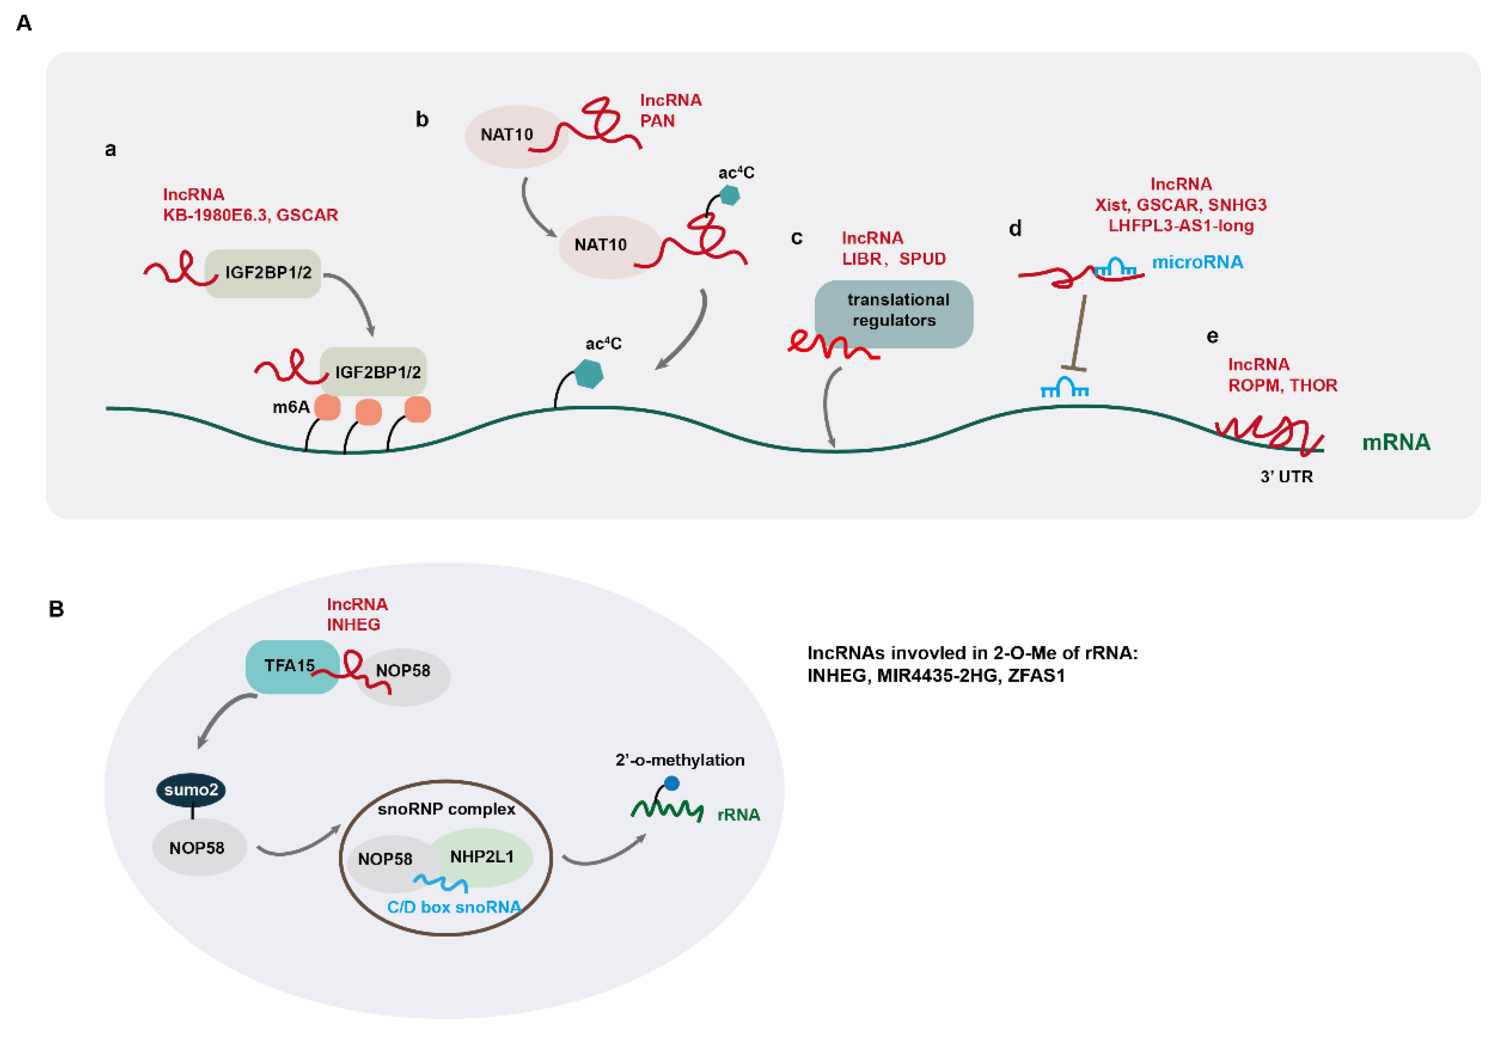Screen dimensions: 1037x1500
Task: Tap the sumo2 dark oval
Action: point(191,790)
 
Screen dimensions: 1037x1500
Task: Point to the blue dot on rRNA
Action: point(672,783)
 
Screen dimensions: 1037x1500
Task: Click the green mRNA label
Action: point(1395,442)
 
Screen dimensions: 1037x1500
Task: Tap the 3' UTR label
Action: point(1286,477)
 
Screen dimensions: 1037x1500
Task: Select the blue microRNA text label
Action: point(1197,262)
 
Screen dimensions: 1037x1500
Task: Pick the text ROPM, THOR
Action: point(1282,385)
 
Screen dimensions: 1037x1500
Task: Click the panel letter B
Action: point(56,609)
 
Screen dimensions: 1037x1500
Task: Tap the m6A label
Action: point(290,407)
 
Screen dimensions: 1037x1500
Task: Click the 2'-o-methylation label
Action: point(679,760)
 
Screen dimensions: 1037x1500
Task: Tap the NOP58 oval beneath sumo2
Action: point(198,848)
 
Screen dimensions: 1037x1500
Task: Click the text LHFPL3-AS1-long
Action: point(1180,226)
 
